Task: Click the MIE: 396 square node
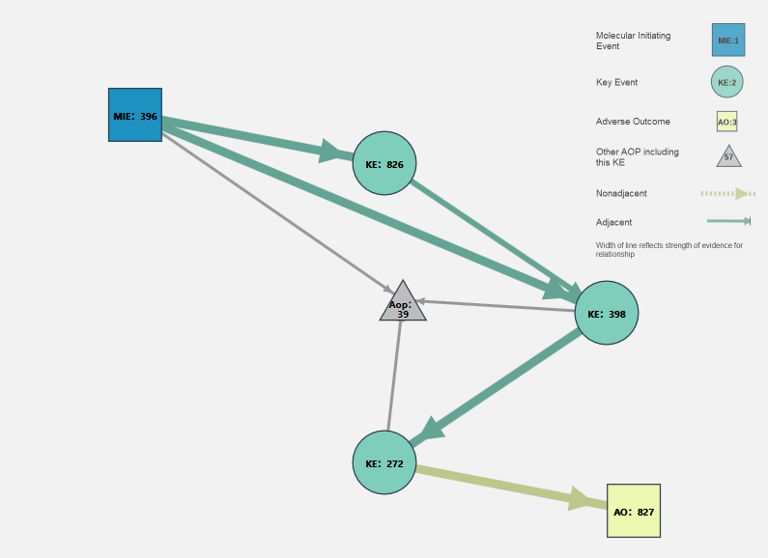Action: pos(134,115)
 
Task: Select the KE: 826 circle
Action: pos(384,163)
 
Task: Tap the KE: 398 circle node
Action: pos(607,313)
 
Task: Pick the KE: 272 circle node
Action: pos(384,462)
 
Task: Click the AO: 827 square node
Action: pos(633,511)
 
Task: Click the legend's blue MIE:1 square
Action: pos(728,40)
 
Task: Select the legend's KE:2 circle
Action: pos(726,82)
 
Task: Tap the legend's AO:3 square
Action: pos(726,122)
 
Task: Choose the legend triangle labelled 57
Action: pos(728,155)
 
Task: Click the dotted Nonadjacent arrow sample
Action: pos(727,193)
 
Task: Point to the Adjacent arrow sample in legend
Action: pos(728,221)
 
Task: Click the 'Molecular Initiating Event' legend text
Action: pos(633,41)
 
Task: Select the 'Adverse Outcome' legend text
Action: pos(633,122)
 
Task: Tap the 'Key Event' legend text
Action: pos(616,82)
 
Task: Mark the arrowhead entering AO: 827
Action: pos(583,500)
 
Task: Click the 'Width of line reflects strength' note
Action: pos(668,249)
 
